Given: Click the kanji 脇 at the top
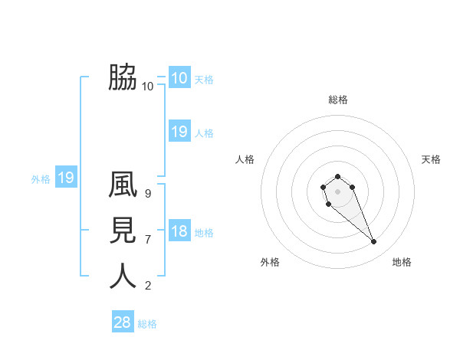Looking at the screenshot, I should [x=123, y=77].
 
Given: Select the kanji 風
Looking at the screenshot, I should [x=123, y=185].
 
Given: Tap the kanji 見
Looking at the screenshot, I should [x=123, y=231].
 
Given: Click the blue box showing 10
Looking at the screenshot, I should [x=179, y=78].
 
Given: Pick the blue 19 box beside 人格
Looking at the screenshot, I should [x=179, y=132].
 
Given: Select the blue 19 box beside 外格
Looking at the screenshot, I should [x=66, y=178].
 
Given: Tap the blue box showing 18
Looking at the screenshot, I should [x=179, y=231].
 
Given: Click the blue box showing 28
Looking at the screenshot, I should [x=123, y=322].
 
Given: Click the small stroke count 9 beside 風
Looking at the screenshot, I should [x=148, y=194].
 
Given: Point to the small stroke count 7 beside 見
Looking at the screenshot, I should [x=148, y=240].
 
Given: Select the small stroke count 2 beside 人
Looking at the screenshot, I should [x=148, y=286].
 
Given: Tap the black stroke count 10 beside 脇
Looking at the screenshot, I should [x=148, y=87].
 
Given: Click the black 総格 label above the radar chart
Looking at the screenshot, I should [x=337, y=100].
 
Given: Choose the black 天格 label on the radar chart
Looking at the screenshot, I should [x=431, y=159].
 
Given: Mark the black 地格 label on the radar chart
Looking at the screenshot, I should [x=402, y=262].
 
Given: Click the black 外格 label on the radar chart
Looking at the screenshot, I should [x=270, y=262].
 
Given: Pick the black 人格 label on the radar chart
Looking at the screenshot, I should [x=245, y=159].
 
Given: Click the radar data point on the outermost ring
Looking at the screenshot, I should [x=374, y=242].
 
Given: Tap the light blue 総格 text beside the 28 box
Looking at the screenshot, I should [x=147, y=324].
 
